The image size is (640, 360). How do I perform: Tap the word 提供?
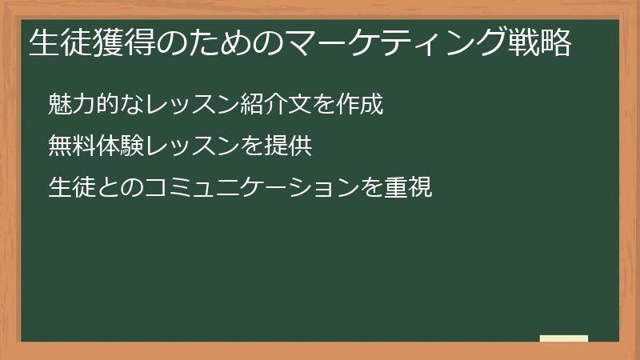pyautogui.click(x=287, y=146)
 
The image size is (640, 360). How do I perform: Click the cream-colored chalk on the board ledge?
pyautogui.click(x=563, y=338)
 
